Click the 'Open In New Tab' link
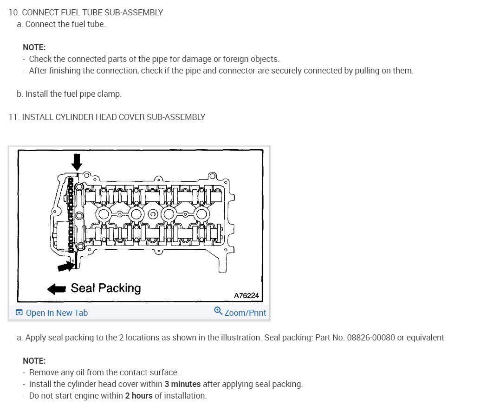point(57,313)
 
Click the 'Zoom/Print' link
point(245,313)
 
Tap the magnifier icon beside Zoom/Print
point(218,311)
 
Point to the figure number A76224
point(246,295)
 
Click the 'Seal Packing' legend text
point(105,288)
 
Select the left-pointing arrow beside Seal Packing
point(57,289)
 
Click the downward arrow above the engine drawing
point(77,161)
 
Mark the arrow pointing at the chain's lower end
point(65,266)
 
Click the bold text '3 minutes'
point(182,384)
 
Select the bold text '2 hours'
point(139,396)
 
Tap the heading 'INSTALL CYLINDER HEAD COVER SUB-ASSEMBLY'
point(113,117)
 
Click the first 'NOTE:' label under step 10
point(34,47)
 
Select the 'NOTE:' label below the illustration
point(34,361)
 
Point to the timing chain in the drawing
point(71,214)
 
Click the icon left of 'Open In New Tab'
point(19,313)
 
